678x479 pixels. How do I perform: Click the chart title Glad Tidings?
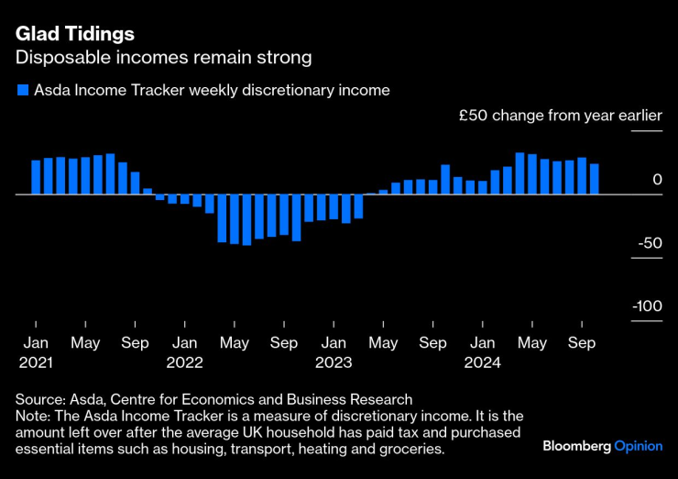click(74, 34)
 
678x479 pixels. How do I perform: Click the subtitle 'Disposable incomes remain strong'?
click(163, 58)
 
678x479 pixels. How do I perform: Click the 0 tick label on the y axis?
click(656, 180)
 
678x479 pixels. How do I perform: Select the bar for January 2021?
click(36, 177)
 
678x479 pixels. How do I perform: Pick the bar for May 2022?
click(235, 219)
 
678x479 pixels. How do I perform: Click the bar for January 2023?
click(334, 207)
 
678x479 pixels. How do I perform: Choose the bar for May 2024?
click(532, 174)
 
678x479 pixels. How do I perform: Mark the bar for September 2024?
click(582, 176)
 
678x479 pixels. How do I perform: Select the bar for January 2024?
click(483, 187)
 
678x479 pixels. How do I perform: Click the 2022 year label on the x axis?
click(184, 362)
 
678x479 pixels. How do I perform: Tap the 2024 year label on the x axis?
click(482, 362)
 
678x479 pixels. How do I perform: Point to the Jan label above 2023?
click(334, 343)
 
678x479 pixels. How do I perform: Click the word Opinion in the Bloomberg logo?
click(638, 446)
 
